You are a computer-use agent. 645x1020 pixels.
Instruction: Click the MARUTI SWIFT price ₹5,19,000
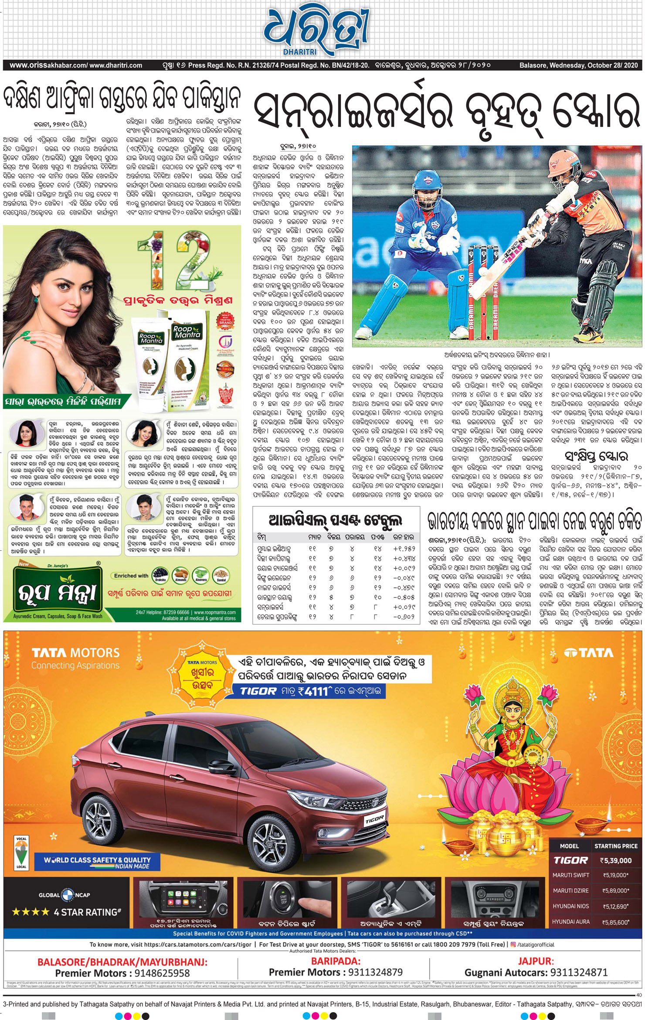tap(615, 875)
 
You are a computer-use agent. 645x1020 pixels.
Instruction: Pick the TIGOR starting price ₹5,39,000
tap(615, 860)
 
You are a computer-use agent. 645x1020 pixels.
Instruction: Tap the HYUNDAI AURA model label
tap(570, 921)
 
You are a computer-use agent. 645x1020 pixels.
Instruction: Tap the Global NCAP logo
tap(64, 894)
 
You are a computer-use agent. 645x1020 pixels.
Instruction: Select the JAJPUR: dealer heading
tap(536, 961)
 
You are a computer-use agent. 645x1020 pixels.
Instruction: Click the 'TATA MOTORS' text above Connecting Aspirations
tap(75, 653)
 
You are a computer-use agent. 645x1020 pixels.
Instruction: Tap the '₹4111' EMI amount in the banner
tap(311, 691)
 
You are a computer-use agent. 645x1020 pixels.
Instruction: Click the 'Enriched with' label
tap(131, 576)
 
